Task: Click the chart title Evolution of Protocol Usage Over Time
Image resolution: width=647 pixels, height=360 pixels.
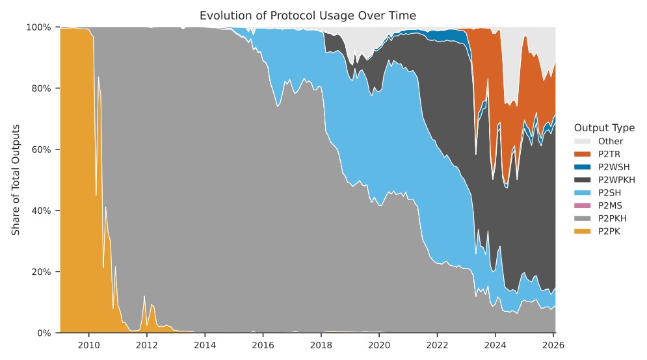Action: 308,15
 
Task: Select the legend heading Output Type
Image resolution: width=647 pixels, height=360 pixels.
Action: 604,128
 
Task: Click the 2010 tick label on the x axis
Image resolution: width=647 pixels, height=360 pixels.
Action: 88,344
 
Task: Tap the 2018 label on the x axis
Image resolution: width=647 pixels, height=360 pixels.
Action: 321,344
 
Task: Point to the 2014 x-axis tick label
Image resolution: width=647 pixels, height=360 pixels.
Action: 205,344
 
